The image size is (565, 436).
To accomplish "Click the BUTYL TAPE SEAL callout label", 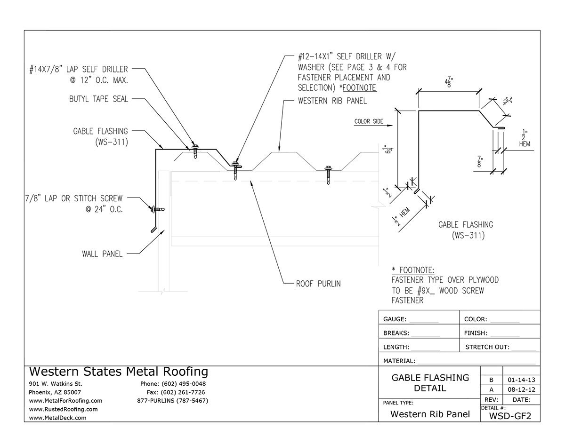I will point(98,99).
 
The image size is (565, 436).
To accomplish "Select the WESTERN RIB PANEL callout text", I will point(332,101).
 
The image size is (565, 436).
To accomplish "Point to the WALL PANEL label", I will point(102,254).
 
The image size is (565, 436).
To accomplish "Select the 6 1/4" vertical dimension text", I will point(388,151).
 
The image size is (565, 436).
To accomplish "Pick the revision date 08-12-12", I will point(521,390).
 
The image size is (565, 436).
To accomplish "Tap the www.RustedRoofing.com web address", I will point(63,409).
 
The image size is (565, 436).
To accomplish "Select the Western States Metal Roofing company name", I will point(119,372).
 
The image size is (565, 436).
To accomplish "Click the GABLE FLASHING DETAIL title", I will point(430,383).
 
